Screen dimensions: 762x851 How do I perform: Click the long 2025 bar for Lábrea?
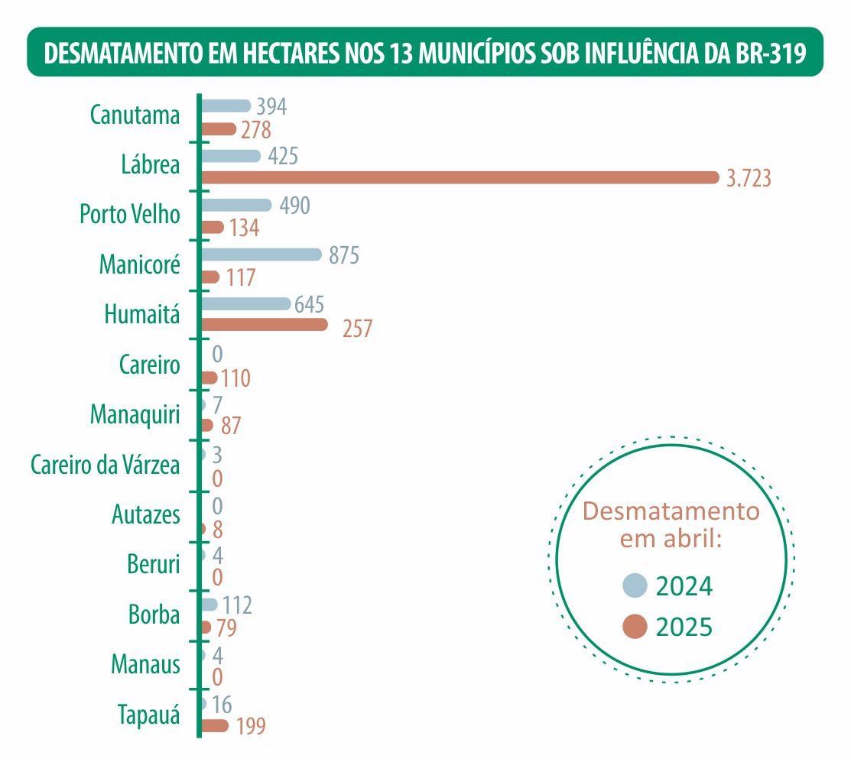click(x=459, y=177)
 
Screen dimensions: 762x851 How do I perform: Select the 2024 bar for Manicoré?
click(x=261, y=254)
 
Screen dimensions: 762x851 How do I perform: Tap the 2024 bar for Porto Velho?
click(x=235, y=205)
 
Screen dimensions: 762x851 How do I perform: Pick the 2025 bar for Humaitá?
click(x=264, y=325)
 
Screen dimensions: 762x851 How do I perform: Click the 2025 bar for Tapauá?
click(x=214, y=725)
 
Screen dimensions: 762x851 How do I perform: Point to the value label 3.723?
click(x=749, y=179)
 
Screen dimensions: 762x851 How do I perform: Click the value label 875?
click(x=344, y=255)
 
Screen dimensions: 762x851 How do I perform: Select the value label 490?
click(x=294, y=206)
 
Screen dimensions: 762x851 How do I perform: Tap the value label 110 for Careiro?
click(x=235, y=378)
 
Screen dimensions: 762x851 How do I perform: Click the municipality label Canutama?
click(x=135, y=115)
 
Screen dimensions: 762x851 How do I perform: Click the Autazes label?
click(x=146, y=514)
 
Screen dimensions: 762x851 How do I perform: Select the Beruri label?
click(x=154, y=565)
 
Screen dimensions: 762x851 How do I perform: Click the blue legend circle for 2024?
click(x=635, y=585)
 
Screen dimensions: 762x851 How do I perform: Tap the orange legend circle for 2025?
click(x=635, y=627)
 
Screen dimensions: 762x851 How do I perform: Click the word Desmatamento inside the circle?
click(x=671, y=511)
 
